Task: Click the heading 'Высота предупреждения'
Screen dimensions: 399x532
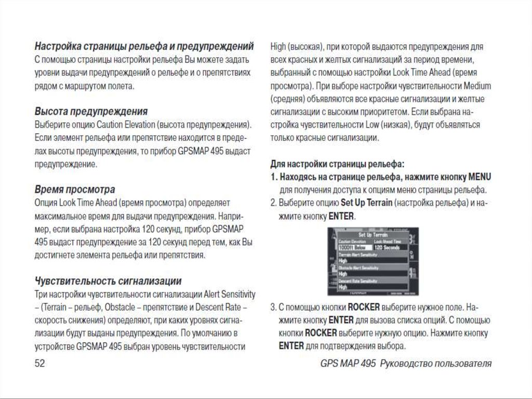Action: pyautogui.click(x=91, y=111)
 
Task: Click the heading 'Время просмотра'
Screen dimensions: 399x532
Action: pyautogui.click(x=75, y=189)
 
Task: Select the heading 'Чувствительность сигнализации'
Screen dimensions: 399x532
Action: pyautogui.click(x=108, y=281)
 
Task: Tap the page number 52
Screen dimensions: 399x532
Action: pyautogui.click(x=40, y=364)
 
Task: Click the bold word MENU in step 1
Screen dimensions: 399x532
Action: pyautogui.click(x=480, y=177)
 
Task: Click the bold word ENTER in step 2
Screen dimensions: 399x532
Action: pyautogui.click(x=341, y=215)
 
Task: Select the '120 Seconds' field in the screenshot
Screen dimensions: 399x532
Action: pyautogui.click(x=388, y=248)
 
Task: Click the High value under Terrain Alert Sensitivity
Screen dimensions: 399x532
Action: pyautogui.click(x=343, y=261)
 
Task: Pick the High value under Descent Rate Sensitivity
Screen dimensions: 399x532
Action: pyautogui.click(x=343, y=287)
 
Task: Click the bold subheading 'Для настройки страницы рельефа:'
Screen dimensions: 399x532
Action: pyautogui.click(x=337, y=164)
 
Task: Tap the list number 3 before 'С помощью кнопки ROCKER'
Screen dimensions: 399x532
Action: pyautogui.click(x=273, y=307)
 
